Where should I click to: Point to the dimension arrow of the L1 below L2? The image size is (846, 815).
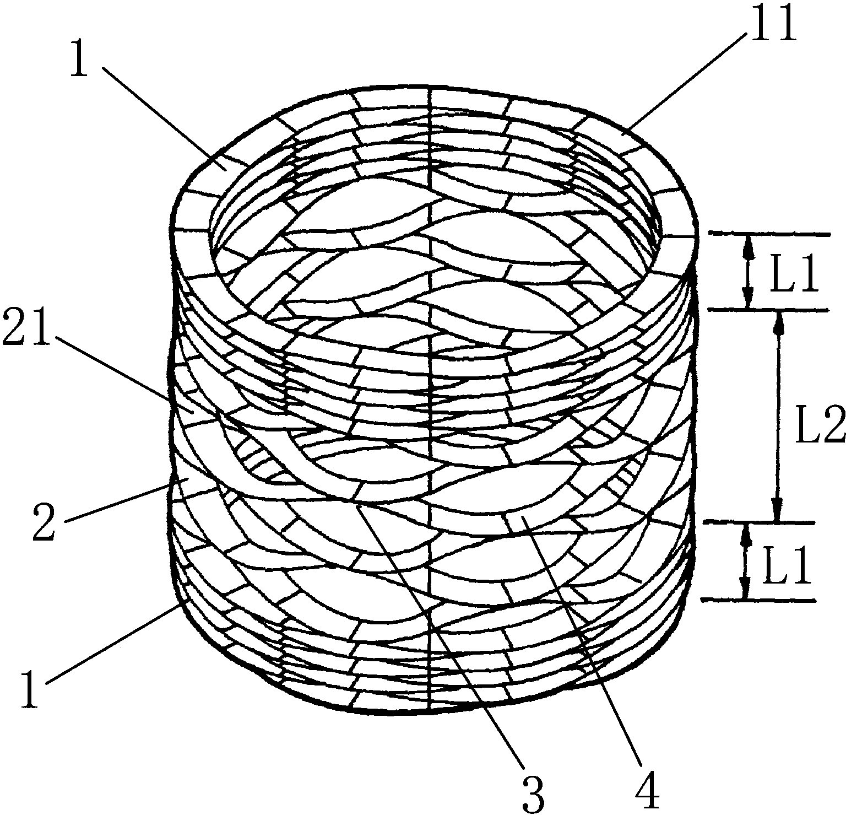click(x=746, y=562)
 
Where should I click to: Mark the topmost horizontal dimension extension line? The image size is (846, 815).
click(x=768, y=234)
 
